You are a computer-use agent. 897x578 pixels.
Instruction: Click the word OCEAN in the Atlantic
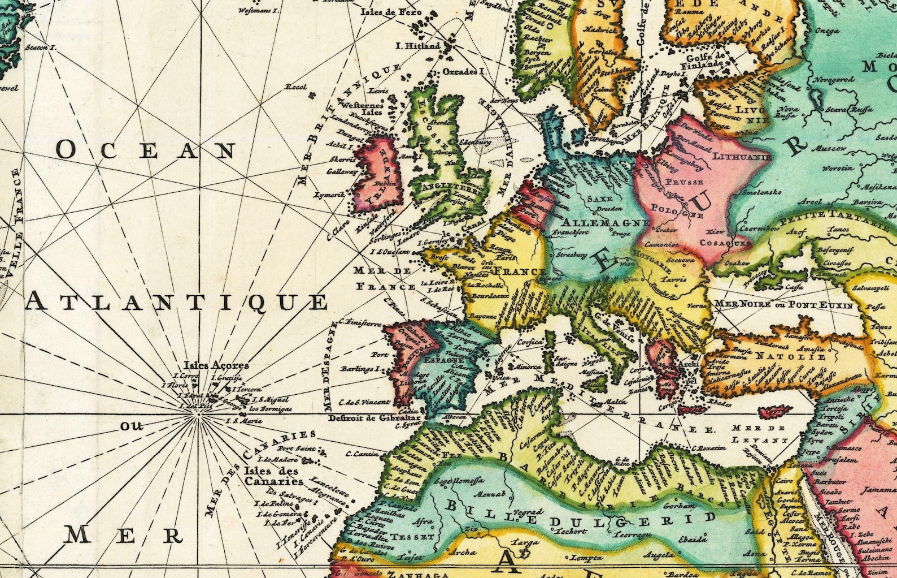click(x=146, y=150)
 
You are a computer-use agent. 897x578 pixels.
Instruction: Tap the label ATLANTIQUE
click(x=177, y=301)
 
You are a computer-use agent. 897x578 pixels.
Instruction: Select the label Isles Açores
click(x=216, y=365)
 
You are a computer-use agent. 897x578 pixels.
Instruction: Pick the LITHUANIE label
click(x=742, y=156)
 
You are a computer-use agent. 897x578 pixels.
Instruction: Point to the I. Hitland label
click(x=418, y=46)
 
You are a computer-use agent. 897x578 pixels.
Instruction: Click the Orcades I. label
click(x=464, y=72)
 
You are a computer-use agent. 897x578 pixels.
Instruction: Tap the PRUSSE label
click(x=684, y=182)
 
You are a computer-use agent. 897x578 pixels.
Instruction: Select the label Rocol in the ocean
click(x=295, y=87)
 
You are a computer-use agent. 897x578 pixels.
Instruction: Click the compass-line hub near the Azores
click(x=198, y=415)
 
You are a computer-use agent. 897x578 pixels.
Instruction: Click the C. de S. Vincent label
click(x=365, y=402)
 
